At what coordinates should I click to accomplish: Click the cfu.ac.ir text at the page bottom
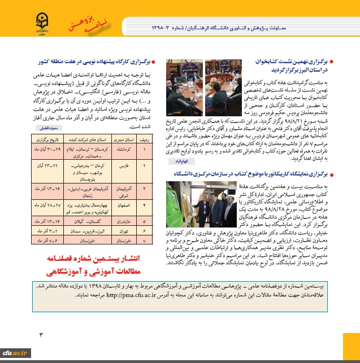click(15, 353)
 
